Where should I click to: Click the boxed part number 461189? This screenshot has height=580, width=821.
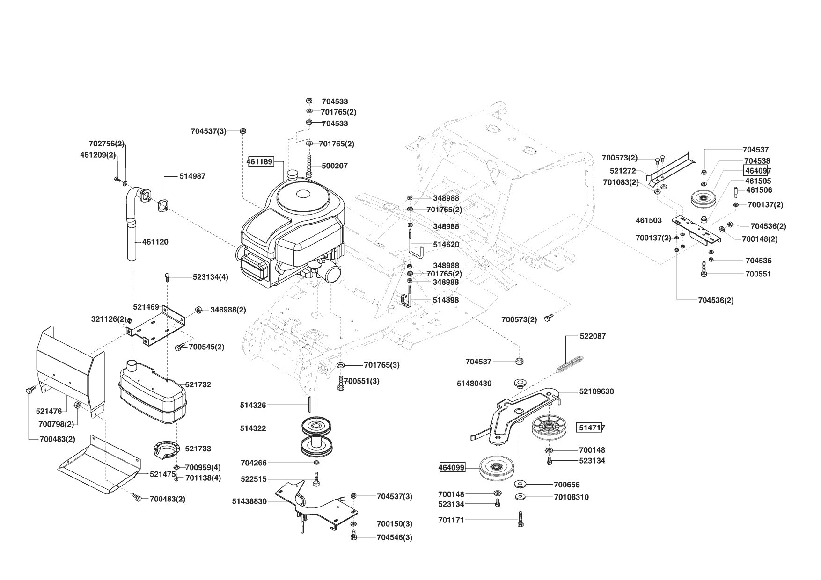pyautogui.click(x=260, y=162)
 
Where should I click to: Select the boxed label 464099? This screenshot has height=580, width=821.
pyautogui.click(x=452, y=467)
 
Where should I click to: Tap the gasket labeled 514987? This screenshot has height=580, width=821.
pyautogui.click(x=163, y=205)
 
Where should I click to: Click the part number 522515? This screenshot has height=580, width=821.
pyautogui.click(x=253, y=479)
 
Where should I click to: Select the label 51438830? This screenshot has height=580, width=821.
pyautogui.click(x=249, y=501)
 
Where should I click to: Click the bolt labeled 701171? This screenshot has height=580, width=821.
pyautogui.click(x=520, y=519)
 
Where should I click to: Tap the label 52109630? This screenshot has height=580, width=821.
pyautogui.click(x=596, y=391)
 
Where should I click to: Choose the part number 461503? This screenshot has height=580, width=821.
pyautogui.click(x=648, y=220)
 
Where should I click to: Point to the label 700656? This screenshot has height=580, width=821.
pyautogui.click(x=566, y=485)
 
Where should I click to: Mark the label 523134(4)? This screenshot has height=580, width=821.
pyautogui.click(x=210, y=277)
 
